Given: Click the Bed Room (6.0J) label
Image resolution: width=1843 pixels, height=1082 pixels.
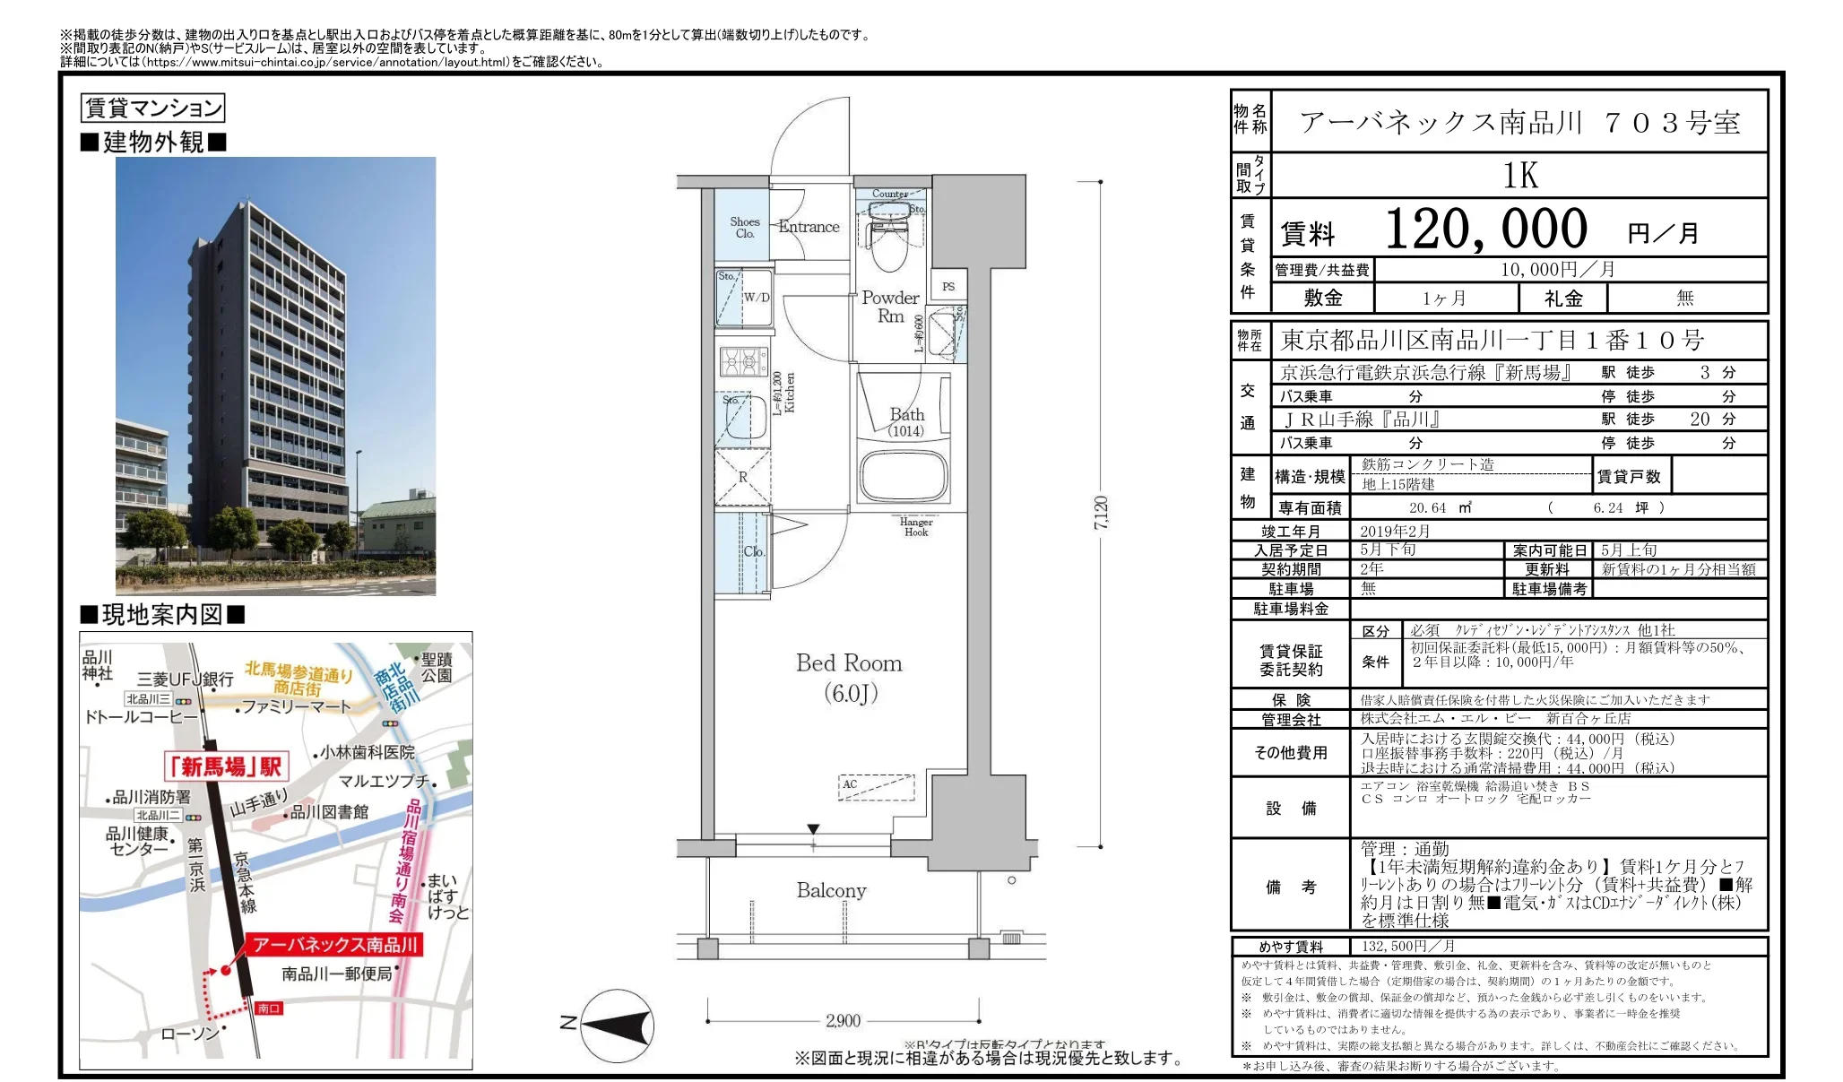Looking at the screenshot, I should point(849,677).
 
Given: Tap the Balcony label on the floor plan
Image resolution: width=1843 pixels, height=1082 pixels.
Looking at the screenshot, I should point(831,890).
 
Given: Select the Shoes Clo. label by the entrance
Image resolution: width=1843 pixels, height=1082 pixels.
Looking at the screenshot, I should point(744,228).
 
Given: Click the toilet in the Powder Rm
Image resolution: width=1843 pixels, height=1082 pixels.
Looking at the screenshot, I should point(889,242).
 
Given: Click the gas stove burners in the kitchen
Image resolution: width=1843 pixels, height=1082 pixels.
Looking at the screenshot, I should point(743,361).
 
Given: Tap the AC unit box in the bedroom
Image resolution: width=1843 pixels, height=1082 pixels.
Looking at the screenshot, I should point(877,786).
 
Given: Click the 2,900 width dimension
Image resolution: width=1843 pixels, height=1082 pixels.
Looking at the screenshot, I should point(843,1020).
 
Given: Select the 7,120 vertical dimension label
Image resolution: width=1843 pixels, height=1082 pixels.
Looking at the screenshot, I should point(1101,513).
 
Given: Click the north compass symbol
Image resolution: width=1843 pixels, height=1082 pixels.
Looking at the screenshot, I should point(617,1026).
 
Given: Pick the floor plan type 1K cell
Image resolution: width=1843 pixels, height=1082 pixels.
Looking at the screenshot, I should point(1519,176).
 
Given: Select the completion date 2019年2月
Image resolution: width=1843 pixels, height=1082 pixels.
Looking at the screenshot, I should point(1395,531).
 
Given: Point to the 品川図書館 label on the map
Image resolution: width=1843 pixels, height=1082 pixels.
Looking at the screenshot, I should point(328,812).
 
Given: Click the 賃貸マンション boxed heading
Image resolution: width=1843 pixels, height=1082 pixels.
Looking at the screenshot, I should point(152,108).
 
